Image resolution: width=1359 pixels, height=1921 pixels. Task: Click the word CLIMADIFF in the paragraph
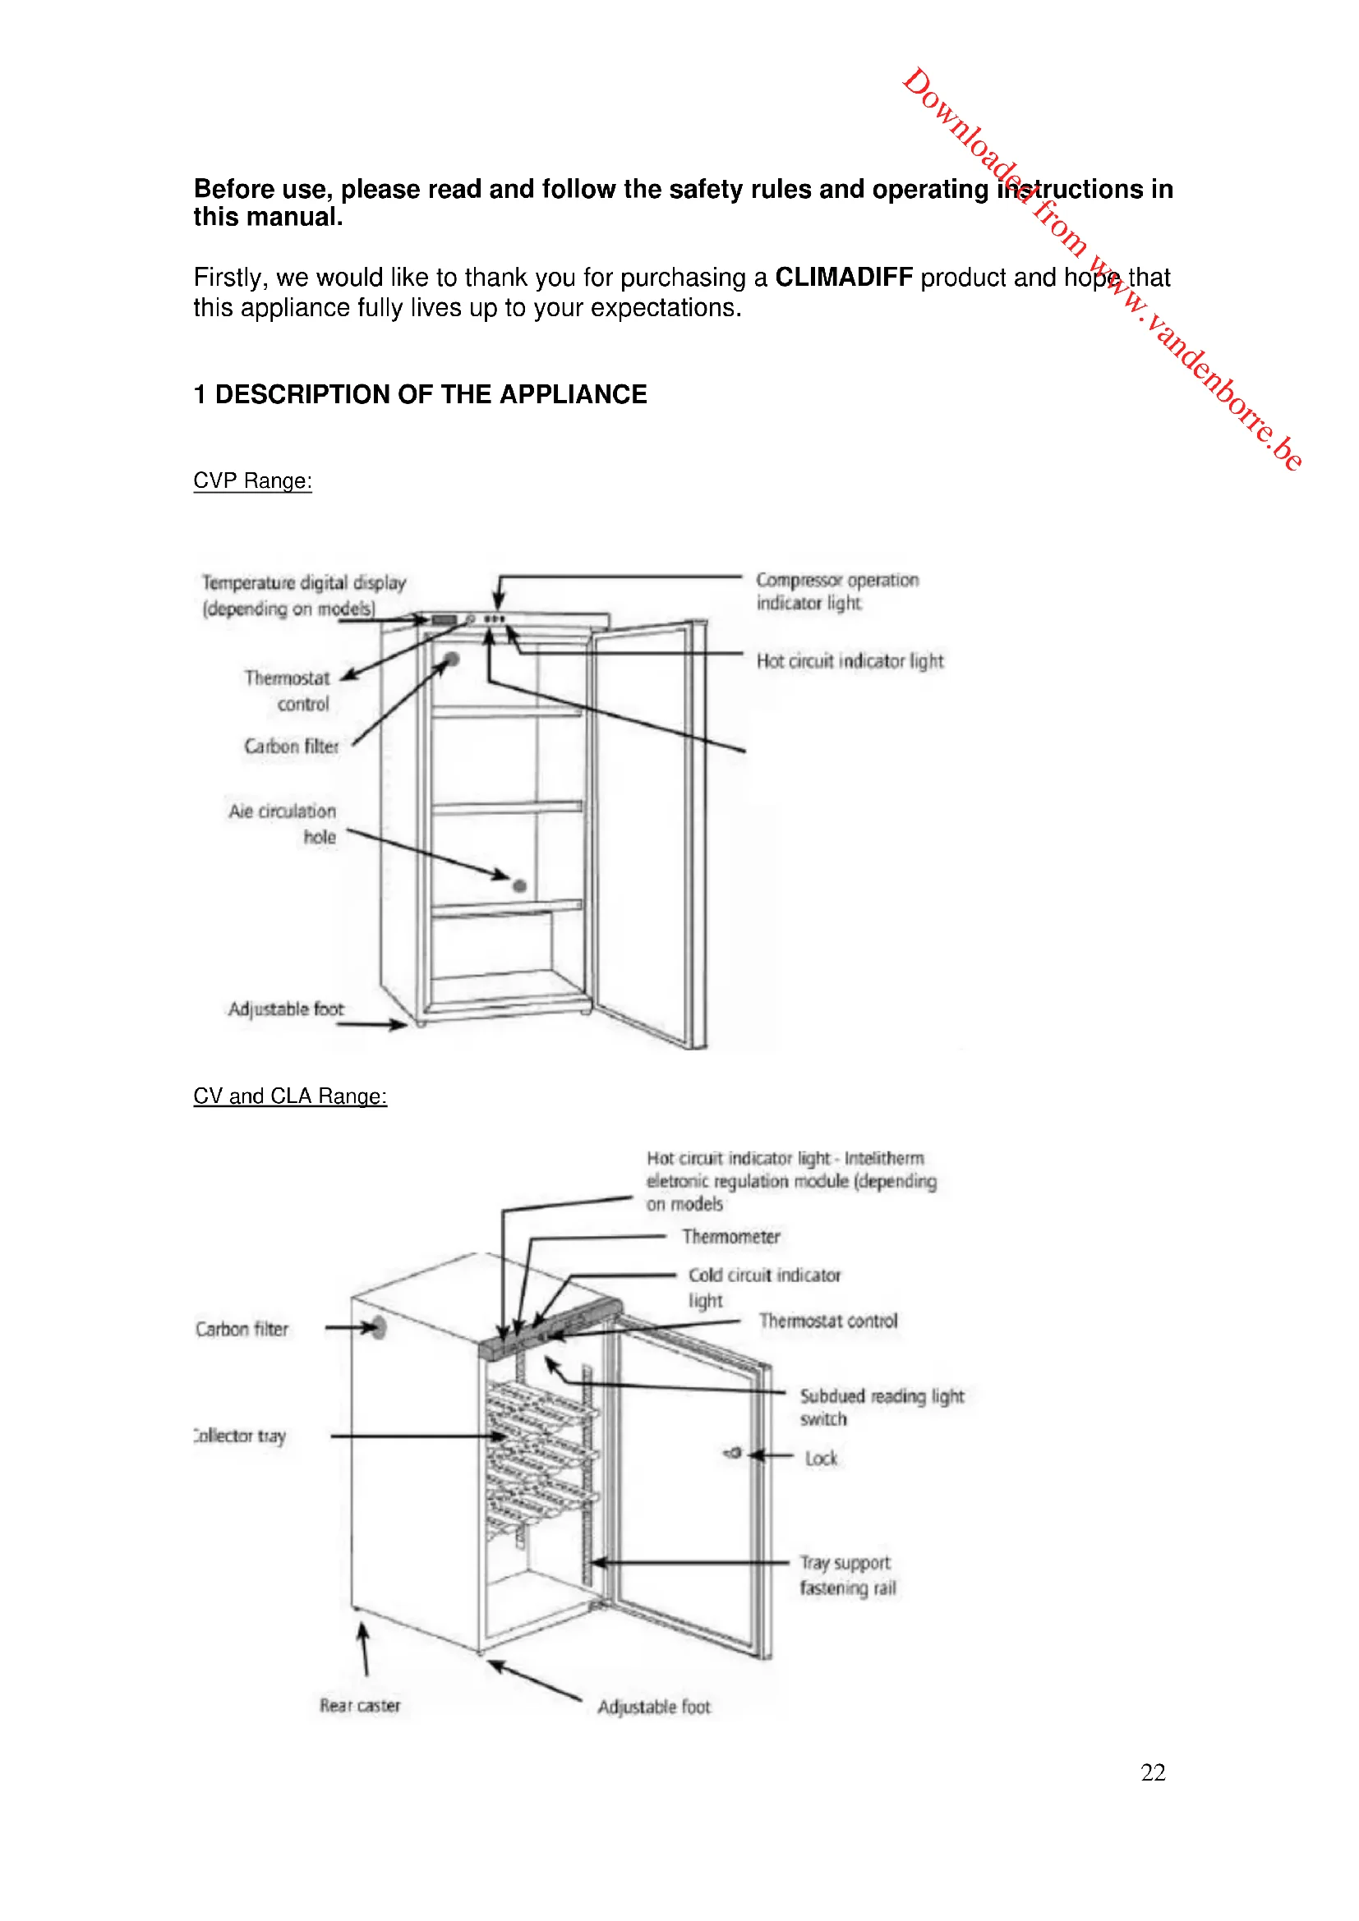pos(844,277)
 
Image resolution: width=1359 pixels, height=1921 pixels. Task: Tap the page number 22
pos(1152,1772)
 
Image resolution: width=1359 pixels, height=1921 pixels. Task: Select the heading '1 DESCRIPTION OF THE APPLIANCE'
pos(420,394)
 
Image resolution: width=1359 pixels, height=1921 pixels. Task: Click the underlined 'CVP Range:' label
pos(252,481)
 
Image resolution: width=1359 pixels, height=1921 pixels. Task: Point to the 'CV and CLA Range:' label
pos(289,1096)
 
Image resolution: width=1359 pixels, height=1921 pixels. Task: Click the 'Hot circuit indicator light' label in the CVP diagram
pos(850,661)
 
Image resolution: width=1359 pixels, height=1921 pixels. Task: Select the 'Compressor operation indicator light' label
pos(836,591)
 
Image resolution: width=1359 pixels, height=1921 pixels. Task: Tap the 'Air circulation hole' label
pos(283,823)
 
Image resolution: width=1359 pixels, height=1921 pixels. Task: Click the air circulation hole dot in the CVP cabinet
pos(519,885)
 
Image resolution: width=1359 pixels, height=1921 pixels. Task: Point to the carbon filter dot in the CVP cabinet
pos(453,659)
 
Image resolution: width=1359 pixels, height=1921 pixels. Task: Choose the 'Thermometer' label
pos(730,1237)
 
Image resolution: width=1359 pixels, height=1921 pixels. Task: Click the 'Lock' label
pos(821,1459)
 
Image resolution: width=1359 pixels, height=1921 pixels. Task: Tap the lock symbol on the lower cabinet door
pos(733,1454)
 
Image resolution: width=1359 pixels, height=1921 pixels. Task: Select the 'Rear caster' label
pos(360,1705)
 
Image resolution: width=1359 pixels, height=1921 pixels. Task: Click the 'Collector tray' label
pos(241,1436)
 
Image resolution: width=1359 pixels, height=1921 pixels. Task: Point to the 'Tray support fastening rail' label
pos(846,1575)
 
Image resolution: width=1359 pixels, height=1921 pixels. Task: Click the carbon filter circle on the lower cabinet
pos(378,1328)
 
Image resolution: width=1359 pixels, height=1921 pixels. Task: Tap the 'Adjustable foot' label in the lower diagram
pos(653,1707)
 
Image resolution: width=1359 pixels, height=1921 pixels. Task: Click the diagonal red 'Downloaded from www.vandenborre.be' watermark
pos(1101,268)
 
